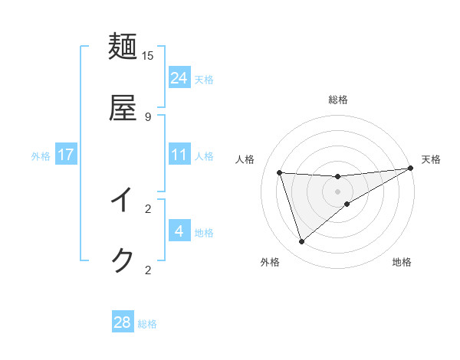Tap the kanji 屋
pyautogui.click(x=123, y=108)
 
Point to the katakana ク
pyautogui.click(x=123, y=260)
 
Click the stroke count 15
pyautogui.click(x=148, y=55)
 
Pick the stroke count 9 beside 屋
pyautogui.click(x=148, y=116)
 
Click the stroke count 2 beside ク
pyautogui.click(x=148, y=270)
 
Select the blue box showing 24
pyautogui.click(x=179, y=77)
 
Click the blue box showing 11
pyautogui.click(x=179, y=155)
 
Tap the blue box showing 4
pyautogui.click(x=179, y=231)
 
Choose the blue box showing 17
pyautogui.click(x=66, y=155)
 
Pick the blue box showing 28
pyautogui.click(x=123, y=322)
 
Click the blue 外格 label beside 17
pyautogui.click(x=41, y=156)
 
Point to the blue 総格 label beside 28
pyautogui.click(x=147, y=324)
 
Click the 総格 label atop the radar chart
pyautogui.click(x=338, y=100)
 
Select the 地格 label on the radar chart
pyautogui.click(x=402, y=262)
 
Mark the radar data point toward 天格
pyautogui.click(x=410, y=169)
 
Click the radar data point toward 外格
pyautogui.click(x=301, y=242)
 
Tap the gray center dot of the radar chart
pyautogui.click(x=338, y=191)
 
